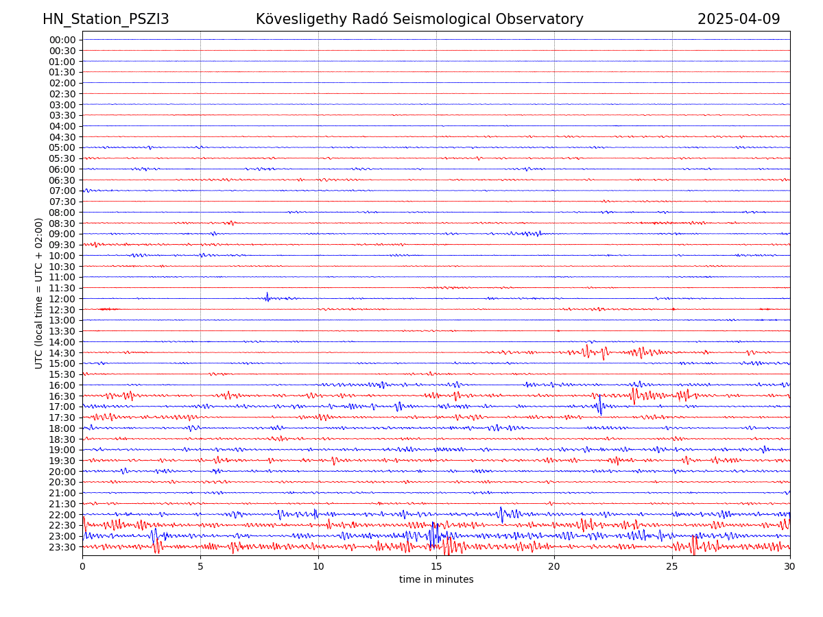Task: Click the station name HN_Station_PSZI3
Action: click(x=106, y=19)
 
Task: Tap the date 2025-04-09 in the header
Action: click(x=739, y=19)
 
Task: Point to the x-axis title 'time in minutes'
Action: click(x=436, y=579)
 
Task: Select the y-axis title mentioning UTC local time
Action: click(x=39, y=293)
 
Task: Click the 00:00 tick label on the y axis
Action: click(x=62, y=40)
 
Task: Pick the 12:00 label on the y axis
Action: click(x=62, y=299)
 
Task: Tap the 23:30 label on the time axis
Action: click(x=62, y=547)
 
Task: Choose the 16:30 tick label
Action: click(x=62, y=396)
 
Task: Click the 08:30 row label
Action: click(x=62, y=223)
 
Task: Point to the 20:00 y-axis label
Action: click(x=62, y=472)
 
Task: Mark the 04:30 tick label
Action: click(x=62, y=137)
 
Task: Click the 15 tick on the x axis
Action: click(x=436, y=567)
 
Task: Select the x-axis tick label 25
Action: click(x=672, y=567)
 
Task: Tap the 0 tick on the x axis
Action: click(x=82, y=567)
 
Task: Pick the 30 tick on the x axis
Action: click(x=790, y=567)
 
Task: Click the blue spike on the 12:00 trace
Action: click(x=267, y=296)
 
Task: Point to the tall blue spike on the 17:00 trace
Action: click(x=599, y=404)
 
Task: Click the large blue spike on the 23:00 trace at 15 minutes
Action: click(x=433, y=535)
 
